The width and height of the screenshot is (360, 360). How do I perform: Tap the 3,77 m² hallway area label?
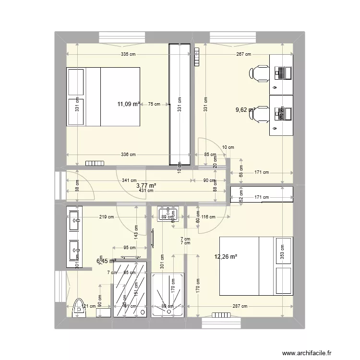click(146, 185)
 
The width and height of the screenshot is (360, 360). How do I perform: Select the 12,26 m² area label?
click(226, 257)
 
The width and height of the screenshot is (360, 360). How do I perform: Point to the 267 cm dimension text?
click(242, 55)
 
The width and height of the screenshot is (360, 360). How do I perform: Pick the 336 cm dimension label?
click(127, 155)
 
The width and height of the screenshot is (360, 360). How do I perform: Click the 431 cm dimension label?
click(146, 191)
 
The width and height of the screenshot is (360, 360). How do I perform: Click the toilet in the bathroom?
click(77, 308)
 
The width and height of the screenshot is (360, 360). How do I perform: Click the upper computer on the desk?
click(283, 73)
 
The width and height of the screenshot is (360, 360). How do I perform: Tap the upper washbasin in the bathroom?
click(75, 221)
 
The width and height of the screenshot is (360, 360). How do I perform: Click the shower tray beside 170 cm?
click(168, 295)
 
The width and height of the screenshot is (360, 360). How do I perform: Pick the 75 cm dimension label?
click(154, 103)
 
